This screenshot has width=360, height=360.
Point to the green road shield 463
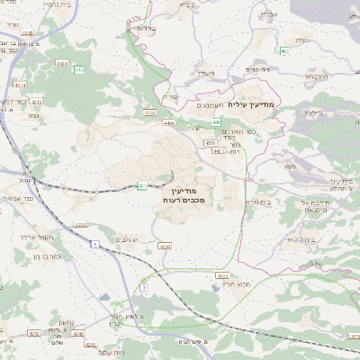tap(283, 51)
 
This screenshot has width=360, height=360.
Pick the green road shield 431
tap(142, 186)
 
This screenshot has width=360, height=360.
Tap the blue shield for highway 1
tap(95, 244)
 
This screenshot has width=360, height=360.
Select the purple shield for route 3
tap(142, 286)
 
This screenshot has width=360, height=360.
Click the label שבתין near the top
tap(187, 5)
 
